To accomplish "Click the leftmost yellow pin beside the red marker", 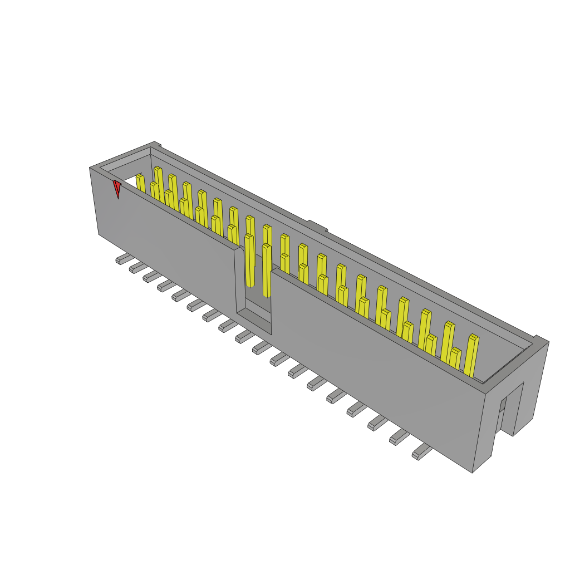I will click(140, 184).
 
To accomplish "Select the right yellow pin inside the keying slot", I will click(267, 270).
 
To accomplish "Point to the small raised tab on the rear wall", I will click(317, 225).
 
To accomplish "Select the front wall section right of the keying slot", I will click(373, 367).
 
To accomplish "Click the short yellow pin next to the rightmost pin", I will click(455, 358).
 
